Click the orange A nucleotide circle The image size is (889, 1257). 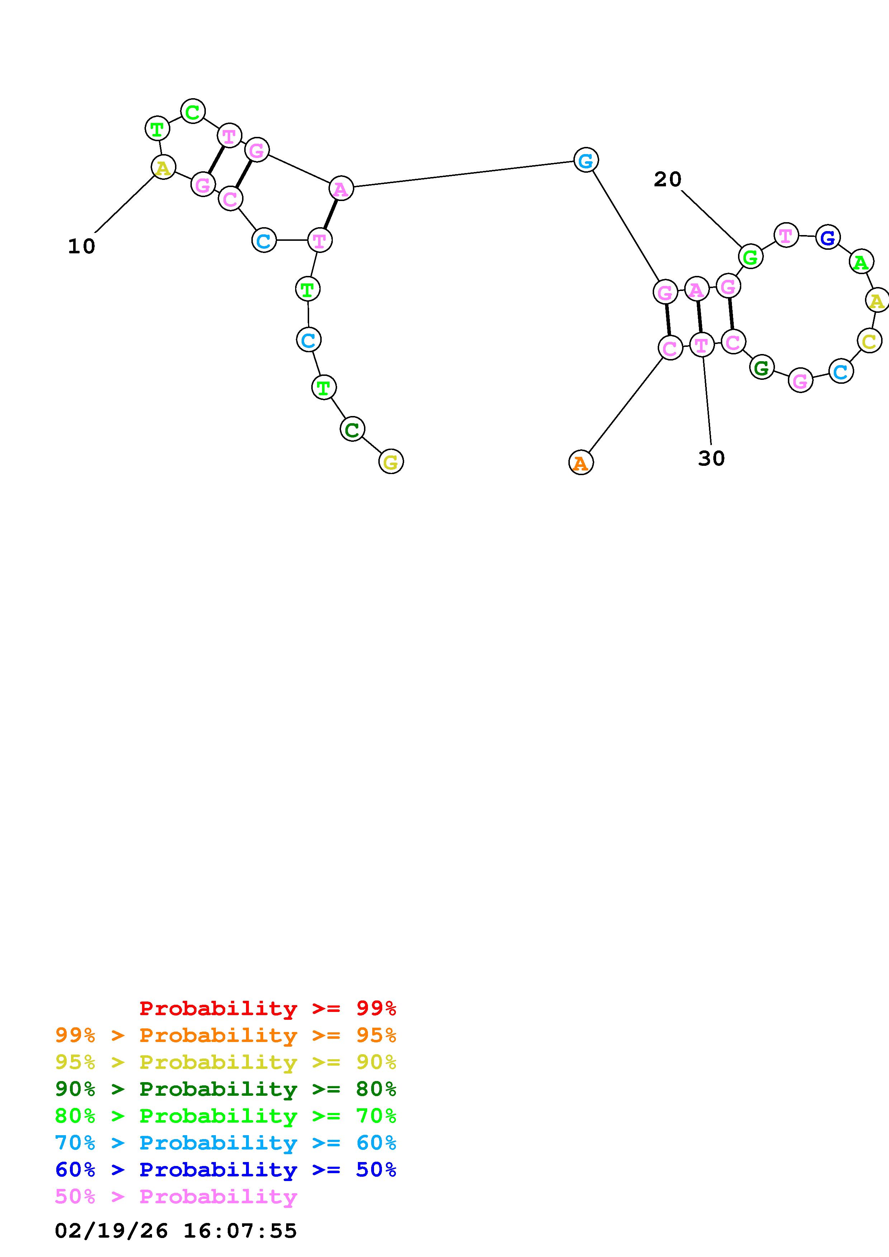tap(581, 463)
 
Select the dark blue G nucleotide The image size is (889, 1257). tap(828, 237)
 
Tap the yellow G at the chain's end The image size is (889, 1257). tap(391, 462)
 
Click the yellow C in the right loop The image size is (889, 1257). tap(869, 341)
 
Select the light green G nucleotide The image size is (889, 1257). tap(751, 256)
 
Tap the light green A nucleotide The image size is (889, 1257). tap(861, 262)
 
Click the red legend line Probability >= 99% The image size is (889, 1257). tap(268, 1008)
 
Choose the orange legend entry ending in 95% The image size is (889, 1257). tap(226, 1035)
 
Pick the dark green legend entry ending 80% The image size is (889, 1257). tap(226, 1089)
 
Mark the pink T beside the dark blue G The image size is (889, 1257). tap(785, 235)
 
